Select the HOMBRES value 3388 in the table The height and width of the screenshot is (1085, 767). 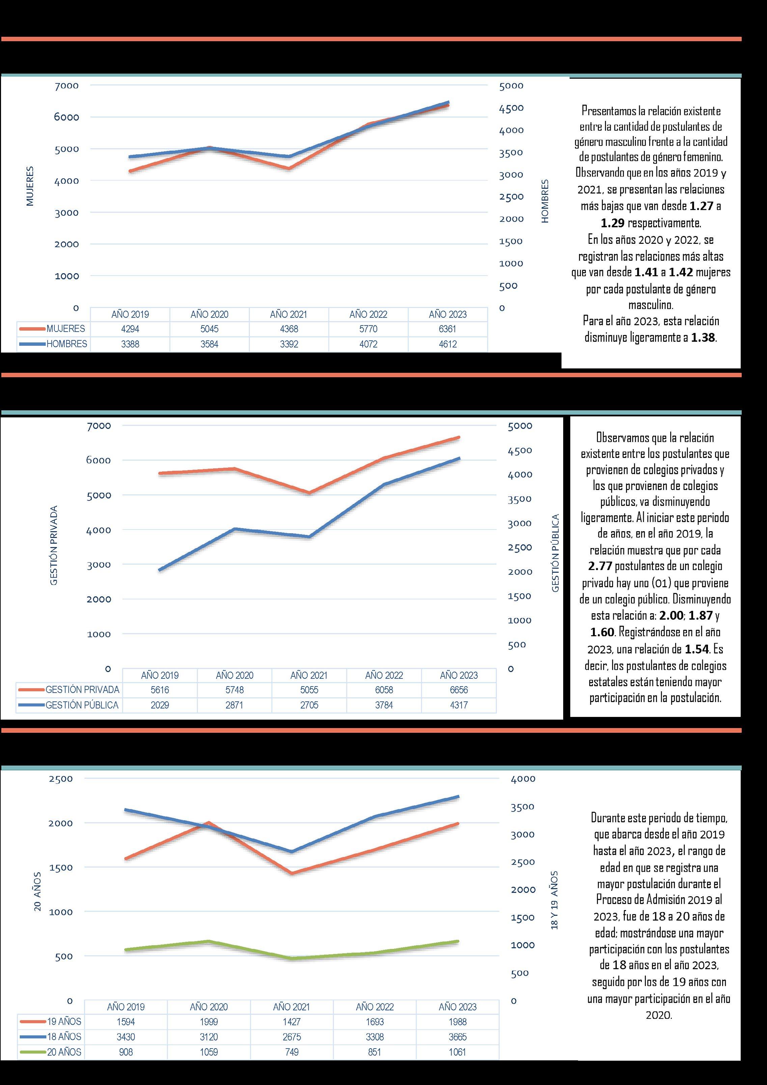(130, 344)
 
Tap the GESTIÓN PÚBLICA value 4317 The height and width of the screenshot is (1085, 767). (459, 705)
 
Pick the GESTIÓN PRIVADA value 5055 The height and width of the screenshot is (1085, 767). (309, 690)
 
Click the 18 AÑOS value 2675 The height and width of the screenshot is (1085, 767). (292, 1037)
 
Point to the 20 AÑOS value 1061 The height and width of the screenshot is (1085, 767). (458, 1052)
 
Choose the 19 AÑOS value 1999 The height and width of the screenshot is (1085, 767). (209, 1022)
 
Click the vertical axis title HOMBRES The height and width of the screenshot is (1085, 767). (545, 201)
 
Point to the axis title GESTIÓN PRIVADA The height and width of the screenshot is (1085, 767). (54, 545)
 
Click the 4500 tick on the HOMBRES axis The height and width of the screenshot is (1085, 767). (512, 108)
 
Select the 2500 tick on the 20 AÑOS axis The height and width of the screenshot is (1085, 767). (61, 778)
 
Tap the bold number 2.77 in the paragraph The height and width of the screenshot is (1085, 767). (600, 566)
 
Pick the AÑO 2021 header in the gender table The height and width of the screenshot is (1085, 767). (289, 314)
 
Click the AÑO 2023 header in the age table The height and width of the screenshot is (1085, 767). (458, 1007)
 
